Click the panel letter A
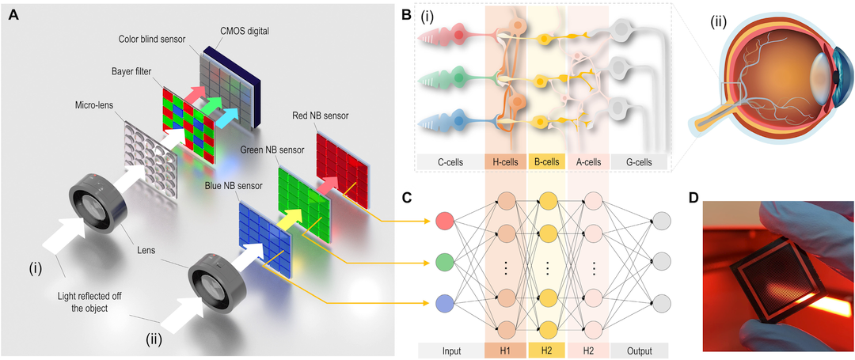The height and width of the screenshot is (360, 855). point(15,16)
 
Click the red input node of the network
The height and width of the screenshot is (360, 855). point(445,221)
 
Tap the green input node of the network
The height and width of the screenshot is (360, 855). point(445,263)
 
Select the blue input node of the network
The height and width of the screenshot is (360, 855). point(445,304)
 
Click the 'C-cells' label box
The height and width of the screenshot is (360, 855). point(451,161)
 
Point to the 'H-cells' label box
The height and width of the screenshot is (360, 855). point(505,161)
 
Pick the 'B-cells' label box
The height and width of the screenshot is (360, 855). point(547,161)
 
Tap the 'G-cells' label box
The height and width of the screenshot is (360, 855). point(639,161)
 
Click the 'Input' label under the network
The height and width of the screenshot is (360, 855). point(451,349)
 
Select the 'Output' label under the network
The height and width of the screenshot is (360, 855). point(639,349)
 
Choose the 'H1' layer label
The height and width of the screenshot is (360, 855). point(505,349)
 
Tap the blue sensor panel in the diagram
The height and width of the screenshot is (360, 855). point(264,237)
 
